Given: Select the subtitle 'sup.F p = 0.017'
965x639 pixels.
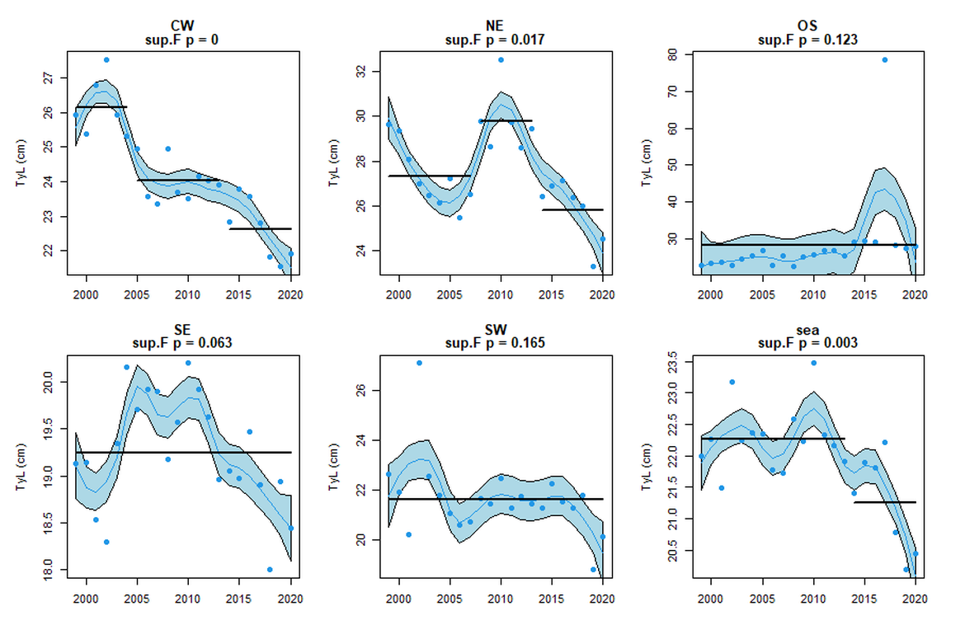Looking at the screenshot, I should click(495, 39).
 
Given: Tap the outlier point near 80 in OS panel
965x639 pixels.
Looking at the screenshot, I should click(884, 60).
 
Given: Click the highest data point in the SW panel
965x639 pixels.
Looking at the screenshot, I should click(419, 363).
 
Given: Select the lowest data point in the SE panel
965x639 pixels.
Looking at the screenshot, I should click(270, 569).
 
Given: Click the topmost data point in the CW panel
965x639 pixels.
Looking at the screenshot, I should click(106, 60).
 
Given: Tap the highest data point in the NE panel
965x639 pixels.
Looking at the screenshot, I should click(501, 60).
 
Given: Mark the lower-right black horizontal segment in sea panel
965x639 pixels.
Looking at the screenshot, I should click(884, 502).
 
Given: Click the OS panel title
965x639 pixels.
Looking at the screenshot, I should click(812, 27).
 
